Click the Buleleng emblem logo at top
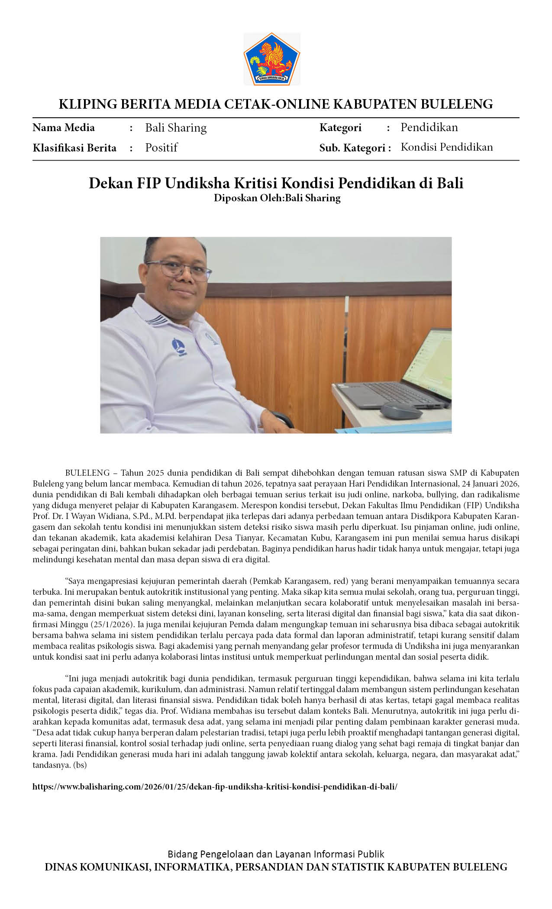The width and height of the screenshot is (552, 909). tap(271, 59)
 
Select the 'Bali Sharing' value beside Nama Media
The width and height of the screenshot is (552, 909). tap(176, 128)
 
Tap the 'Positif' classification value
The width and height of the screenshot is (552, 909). tap(161, 148)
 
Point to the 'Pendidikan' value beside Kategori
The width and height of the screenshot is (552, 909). tap(429, 127)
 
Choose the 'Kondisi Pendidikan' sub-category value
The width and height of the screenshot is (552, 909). tap(446, 147)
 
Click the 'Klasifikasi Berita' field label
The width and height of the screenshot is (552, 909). tap(74, 148)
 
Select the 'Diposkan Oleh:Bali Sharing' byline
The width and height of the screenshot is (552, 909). tap(277, 198)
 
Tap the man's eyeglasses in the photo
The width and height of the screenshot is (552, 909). tap(179, 270)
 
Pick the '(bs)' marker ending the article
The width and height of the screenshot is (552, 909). tap(80, 765)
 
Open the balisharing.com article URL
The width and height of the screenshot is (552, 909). tap(215, 787)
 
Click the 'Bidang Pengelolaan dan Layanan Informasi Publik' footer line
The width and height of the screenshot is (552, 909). tap(276, 854)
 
